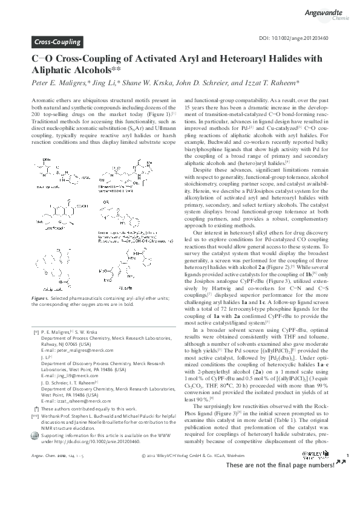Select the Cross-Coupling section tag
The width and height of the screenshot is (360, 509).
click(56, 42)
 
